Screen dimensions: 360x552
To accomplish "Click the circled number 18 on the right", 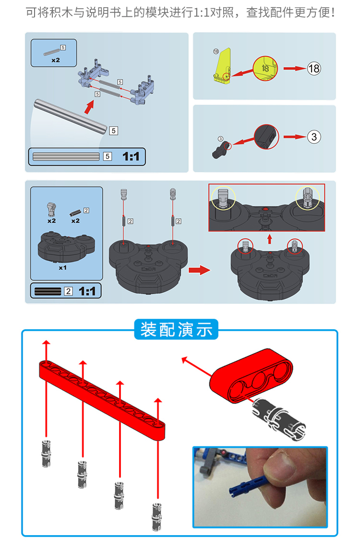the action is tap(314, 68).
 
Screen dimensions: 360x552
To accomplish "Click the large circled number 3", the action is tap(314, 137).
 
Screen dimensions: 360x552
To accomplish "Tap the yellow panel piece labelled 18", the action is tap(222, 65).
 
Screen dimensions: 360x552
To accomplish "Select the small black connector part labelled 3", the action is tap(221, 150).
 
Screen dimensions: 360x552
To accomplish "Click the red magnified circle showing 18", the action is tap(265, 68).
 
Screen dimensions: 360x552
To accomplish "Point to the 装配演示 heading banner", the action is tap(176, 329).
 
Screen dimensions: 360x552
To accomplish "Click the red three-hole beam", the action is tap(251, 376).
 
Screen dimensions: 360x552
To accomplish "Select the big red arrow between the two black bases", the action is tap(199, 270).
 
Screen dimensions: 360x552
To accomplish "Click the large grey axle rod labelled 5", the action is tap(71, 116).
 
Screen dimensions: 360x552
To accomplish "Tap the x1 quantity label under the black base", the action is tap(62, 268).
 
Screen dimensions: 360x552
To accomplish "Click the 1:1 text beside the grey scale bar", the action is tap(131, 156).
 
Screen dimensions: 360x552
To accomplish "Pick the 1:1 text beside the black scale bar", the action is tap(87, 291).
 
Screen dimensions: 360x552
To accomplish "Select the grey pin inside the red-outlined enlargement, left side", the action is tap(223, 199).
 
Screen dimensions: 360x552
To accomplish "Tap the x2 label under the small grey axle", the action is tap(56, 60).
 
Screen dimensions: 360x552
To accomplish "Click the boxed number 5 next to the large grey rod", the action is tap(113, 131).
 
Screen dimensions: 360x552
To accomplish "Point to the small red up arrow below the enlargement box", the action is tap(270, 239).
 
